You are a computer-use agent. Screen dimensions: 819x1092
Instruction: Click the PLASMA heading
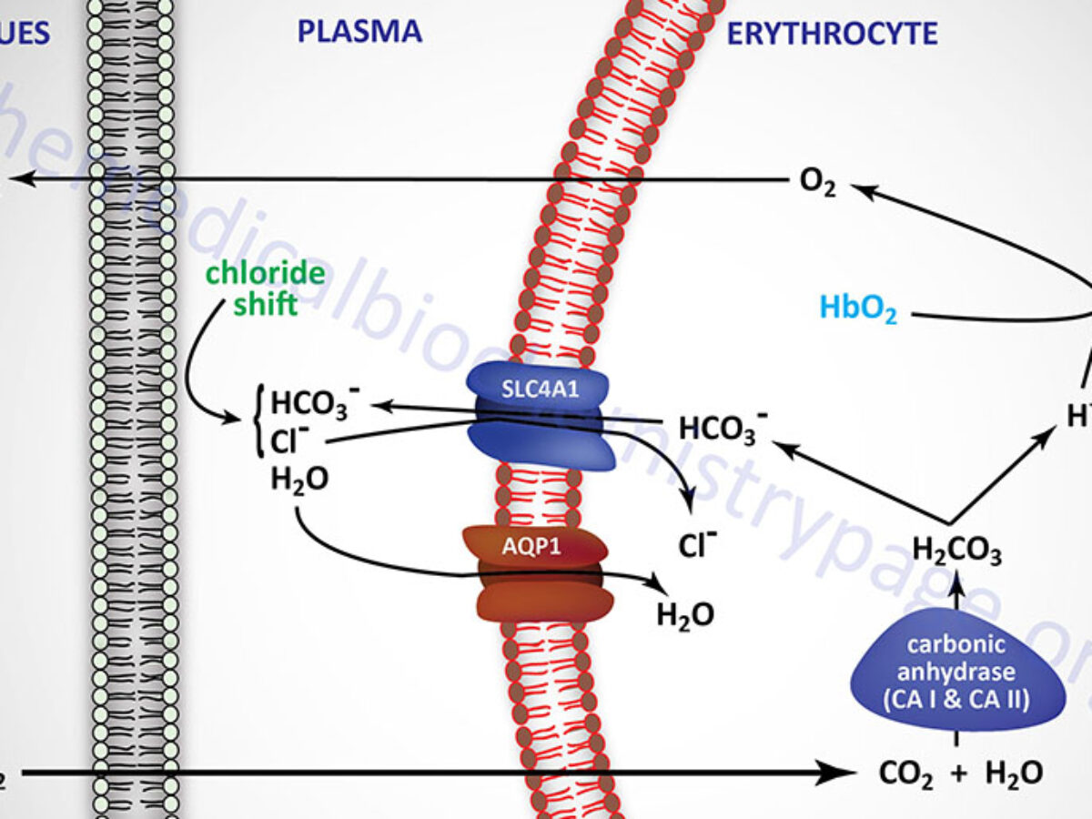360,32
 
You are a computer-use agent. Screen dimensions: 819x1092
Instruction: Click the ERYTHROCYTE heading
831,34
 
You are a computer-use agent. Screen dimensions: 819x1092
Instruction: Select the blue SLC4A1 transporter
541,416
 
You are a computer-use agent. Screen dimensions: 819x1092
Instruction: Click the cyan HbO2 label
858,310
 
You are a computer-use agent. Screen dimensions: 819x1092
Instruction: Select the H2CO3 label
956,552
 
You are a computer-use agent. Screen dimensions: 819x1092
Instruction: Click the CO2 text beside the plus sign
905,774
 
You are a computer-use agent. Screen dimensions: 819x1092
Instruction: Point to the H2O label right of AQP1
685,615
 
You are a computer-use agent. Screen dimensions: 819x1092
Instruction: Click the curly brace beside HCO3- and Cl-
258,421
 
